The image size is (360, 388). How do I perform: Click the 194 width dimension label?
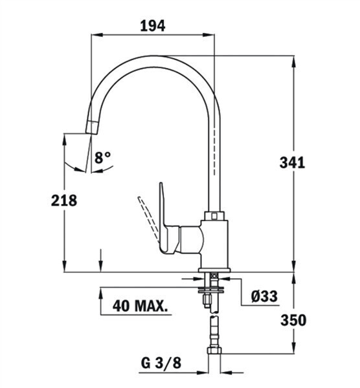coord(153,26)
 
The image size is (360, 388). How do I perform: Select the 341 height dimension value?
coord(292,163)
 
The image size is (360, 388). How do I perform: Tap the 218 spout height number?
coord(64,200)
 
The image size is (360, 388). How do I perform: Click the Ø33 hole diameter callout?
coord(264,296)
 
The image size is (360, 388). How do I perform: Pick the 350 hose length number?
coord(293,320)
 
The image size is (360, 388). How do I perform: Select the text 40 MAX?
coord(141,306)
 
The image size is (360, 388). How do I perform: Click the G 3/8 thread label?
coord(161,363)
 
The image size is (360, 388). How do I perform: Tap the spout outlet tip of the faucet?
coord(91,127)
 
